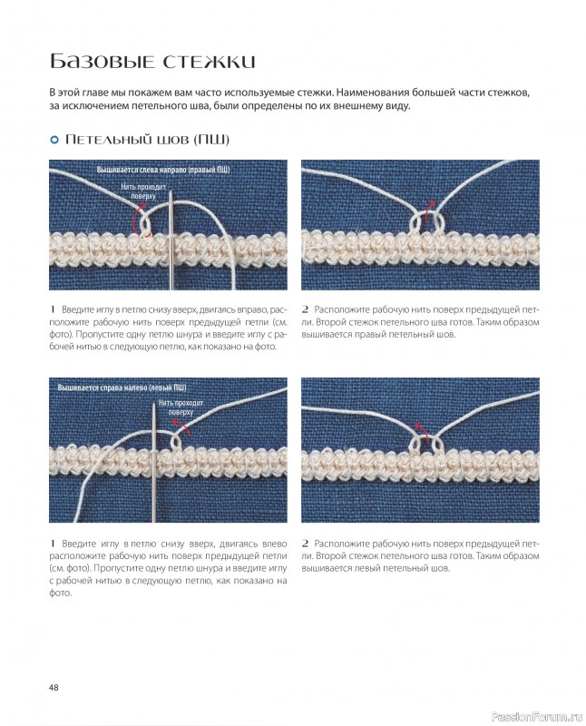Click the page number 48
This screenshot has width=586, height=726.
pyautogui.click(x=54, y=688)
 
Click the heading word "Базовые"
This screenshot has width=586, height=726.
pyautogui.click(x=101, y=61)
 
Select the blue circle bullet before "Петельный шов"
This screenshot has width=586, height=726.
pyautogui.click(x=54, y=140)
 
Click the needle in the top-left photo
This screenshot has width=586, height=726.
pyautogui.click(x=171, y=236)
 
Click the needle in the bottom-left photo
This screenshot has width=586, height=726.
pyautogui.click(x=153, y=462)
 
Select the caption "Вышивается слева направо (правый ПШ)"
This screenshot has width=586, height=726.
pyautogui.click(x=163, y=170)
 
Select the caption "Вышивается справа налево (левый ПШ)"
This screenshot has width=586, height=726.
pyautogui.click(x=122, y=388)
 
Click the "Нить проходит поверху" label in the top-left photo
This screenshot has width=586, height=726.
pyautogui.click(x=143, y=191)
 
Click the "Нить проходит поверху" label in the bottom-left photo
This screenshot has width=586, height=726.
pyautogui.click(x=181, y=407)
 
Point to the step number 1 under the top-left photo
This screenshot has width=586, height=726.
pyautogui.click(x=53, y=309)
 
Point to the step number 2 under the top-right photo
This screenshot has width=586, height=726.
pyautogui.click(x=305, y=309)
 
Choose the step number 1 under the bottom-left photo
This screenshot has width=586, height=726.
pyautogui.click(x=53, y=544)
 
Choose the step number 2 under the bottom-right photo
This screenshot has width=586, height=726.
pyautogui.click(x=305, y=544)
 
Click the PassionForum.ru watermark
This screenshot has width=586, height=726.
pyautogui.click(x=536, y=717)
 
